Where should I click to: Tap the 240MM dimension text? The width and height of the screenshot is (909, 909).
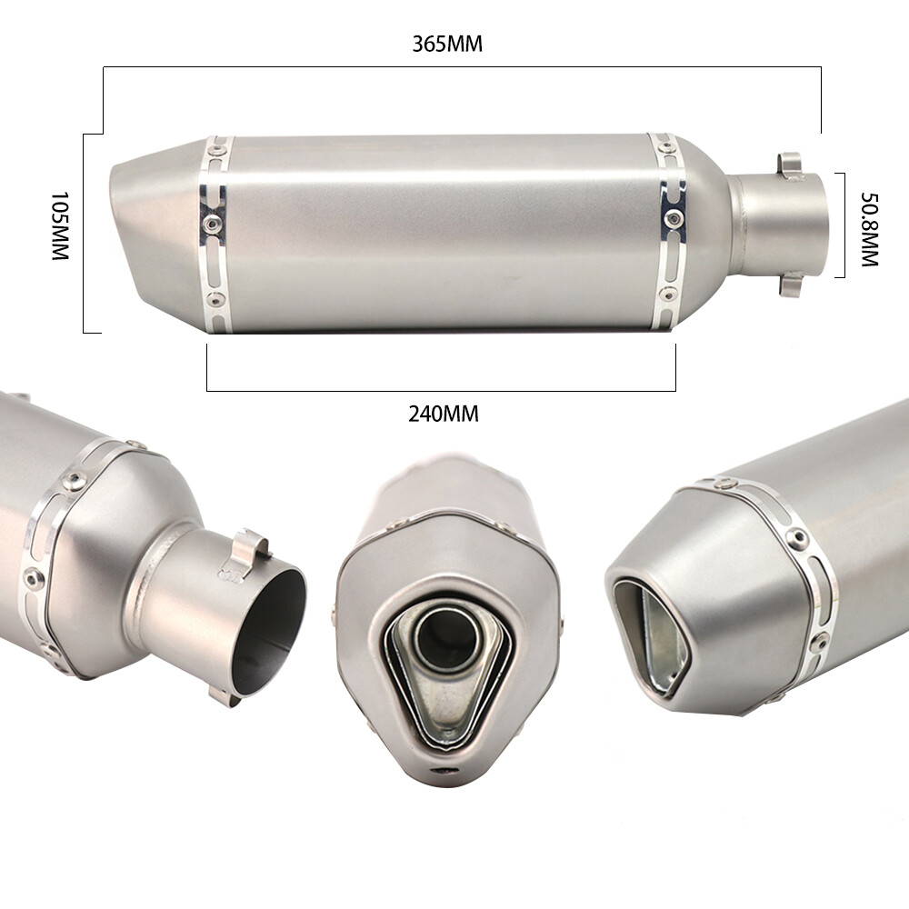pyautogui.click(x=443, y=415)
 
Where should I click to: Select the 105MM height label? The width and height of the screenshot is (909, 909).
pyautogui.click(x=60, y=227)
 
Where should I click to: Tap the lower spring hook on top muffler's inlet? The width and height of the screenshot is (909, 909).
pyautogui.click(x=788, y=285)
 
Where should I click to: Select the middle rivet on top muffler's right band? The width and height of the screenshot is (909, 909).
pyautogui.click(x=672, y=217)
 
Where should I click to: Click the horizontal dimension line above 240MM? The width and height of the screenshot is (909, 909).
pyautogui.click(x=441, y=391)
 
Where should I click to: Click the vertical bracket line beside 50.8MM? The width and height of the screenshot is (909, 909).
pyautogui.click(x=846, y=225)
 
